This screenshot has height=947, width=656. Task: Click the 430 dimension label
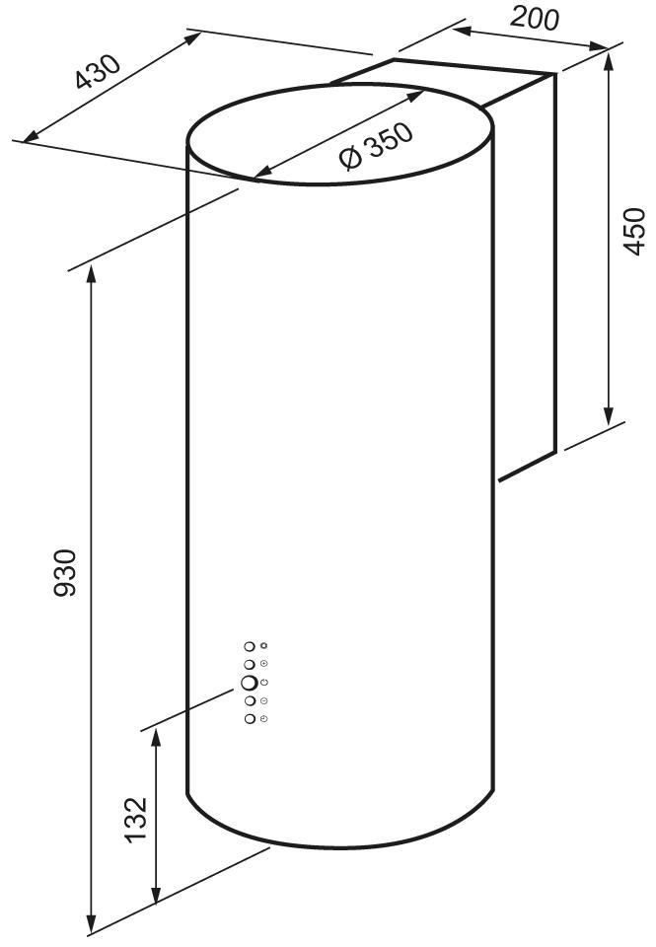pyautogui.click(x=99, y=72)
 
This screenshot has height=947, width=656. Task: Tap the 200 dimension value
pyautogui.click(x=534, y=18)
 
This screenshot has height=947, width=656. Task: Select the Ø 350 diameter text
pyautogui.click(x=376, y=147)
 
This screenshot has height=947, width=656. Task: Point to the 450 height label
pyautogui.click(x=633, y=231)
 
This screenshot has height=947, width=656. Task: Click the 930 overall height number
pyautogui.click(x=65, y=573)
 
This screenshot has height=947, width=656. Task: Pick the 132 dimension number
pyautogui.click(x=135, y=820)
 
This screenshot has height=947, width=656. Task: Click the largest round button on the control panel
pyautogui.click(x=249, y=683)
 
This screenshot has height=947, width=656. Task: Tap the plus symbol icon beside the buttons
pyautogui.click(x=264, y=664)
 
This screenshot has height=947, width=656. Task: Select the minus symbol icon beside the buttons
pyautogui.click(x=264, y=700)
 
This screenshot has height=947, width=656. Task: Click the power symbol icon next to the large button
pyautogui.click(x=264, y=683)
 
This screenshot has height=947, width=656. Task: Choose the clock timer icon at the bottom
pyautogui.click(x=264, y=719)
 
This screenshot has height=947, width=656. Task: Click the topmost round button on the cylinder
pyautogui.click(x=249, y=646)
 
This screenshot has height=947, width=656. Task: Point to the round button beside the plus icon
pyautogui.click(x=249, y=664)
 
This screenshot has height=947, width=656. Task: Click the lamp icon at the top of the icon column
pyautogui.click(x=264, y=645)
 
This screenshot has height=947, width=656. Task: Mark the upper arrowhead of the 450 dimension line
pyautogui.click(x=609, y=60)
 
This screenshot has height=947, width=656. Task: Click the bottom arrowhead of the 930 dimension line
pyautogui.click(x=92, y=923)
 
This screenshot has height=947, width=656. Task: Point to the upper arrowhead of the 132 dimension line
pyautogui.click(x=156, y=738)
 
